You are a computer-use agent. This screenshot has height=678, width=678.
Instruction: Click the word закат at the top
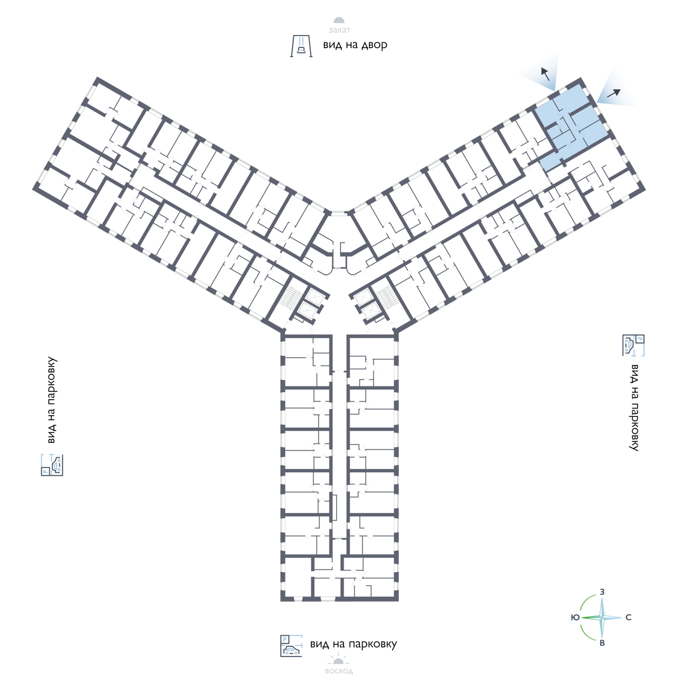(340, 30)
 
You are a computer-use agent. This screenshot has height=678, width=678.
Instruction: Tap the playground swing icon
(301, 46)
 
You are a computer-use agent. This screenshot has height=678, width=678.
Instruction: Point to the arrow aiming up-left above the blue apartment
(545, 74)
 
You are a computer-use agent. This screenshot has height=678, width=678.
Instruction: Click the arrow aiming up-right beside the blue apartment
(614, 93)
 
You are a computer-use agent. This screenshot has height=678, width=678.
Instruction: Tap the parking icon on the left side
(52, 465)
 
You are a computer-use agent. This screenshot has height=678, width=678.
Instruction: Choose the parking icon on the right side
(633, 345)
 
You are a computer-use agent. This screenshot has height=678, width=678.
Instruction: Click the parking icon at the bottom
(291, 646)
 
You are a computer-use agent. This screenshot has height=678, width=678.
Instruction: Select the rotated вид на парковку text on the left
(52, 400)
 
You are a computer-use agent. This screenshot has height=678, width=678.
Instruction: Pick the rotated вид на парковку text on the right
(634, 407)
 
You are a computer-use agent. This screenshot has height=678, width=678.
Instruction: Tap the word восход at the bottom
(339, 671)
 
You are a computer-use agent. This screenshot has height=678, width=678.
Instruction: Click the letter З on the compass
(602, 592)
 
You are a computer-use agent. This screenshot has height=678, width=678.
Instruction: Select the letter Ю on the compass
(575, 618)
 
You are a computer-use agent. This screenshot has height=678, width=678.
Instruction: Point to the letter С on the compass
(628, 617)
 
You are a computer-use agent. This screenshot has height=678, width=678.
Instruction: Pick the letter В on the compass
(602, 643)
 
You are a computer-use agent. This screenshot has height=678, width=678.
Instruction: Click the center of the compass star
(602, 618)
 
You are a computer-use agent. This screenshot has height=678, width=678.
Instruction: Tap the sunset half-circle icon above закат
(339, 21)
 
